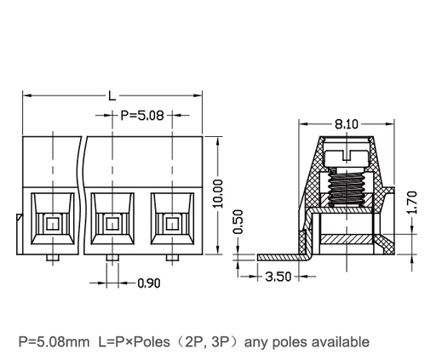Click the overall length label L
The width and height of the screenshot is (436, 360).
pos(112,95)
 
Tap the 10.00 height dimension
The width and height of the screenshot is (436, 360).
pos(219,195)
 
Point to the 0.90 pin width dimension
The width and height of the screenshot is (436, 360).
pos(148,283)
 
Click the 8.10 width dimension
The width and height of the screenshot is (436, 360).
pos(346,124)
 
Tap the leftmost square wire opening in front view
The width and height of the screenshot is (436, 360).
pos(52,224)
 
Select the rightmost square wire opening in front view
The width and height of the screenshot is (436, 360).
pos(172,224)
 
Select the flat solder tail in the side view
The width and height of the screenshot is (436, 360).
pos(277,255)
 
